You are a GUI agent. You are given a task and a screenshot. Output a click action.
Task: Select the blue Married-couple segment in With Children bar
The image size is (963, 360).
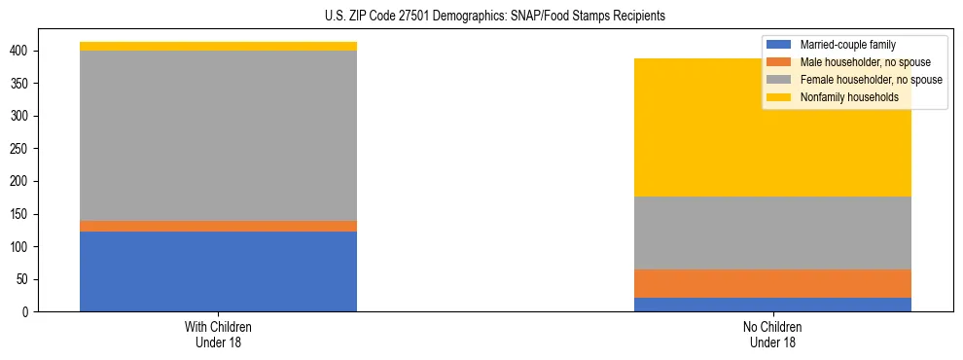point(218,271)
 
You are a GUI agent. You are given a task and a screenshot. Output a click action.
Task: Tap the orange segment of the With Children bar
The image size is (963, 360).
point(218,226)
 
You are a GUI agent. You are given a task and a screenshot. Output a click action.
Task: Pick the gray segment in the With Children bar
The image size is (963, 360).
point(218,135)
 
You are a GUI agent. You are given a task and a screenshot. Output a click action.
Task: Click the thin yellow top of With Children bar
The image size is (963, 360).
point(218,46)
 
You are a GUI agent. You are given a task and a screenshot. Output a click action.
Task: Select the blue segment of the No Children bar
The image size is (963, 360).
point(772,305)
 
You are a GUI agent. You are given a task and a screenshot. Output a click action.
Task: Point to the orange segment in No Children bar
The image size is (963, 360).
point(772,283)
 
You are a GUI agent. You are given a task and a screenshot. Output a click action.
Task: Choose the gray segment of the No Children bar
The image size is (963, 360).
point(772,233)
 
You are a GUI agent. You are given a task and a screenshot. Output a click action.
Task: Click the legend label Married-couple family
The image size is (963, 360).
point(847,45)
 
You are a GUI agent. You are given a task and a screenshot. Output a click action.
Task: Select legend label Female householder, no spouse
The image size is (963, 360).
point(871,80)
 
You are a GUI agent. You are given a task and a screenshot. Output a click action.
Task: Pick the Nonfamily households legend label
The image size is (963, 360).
point(849,97)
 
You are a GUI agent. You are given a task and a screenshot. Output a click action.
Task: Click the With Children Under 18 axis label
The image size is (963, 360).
point(218,335)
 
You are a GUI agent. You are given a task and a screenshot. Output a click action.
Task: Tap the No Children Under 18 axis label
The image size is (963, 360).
point(772,335)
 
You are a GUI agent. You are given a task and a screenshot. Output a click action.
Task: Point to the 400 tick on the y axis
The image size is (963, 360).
point(21,51)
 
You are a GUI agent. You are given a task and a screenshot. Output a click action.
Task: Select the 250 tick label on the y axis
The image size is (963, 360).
point(21,149)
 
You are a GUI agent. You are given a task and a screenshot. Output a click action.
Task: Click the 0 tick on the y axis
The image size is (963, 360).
point(27,312)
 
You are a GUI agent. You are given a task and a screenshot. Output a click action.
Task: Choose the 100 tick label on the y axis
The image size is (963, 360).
point(21,247)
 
